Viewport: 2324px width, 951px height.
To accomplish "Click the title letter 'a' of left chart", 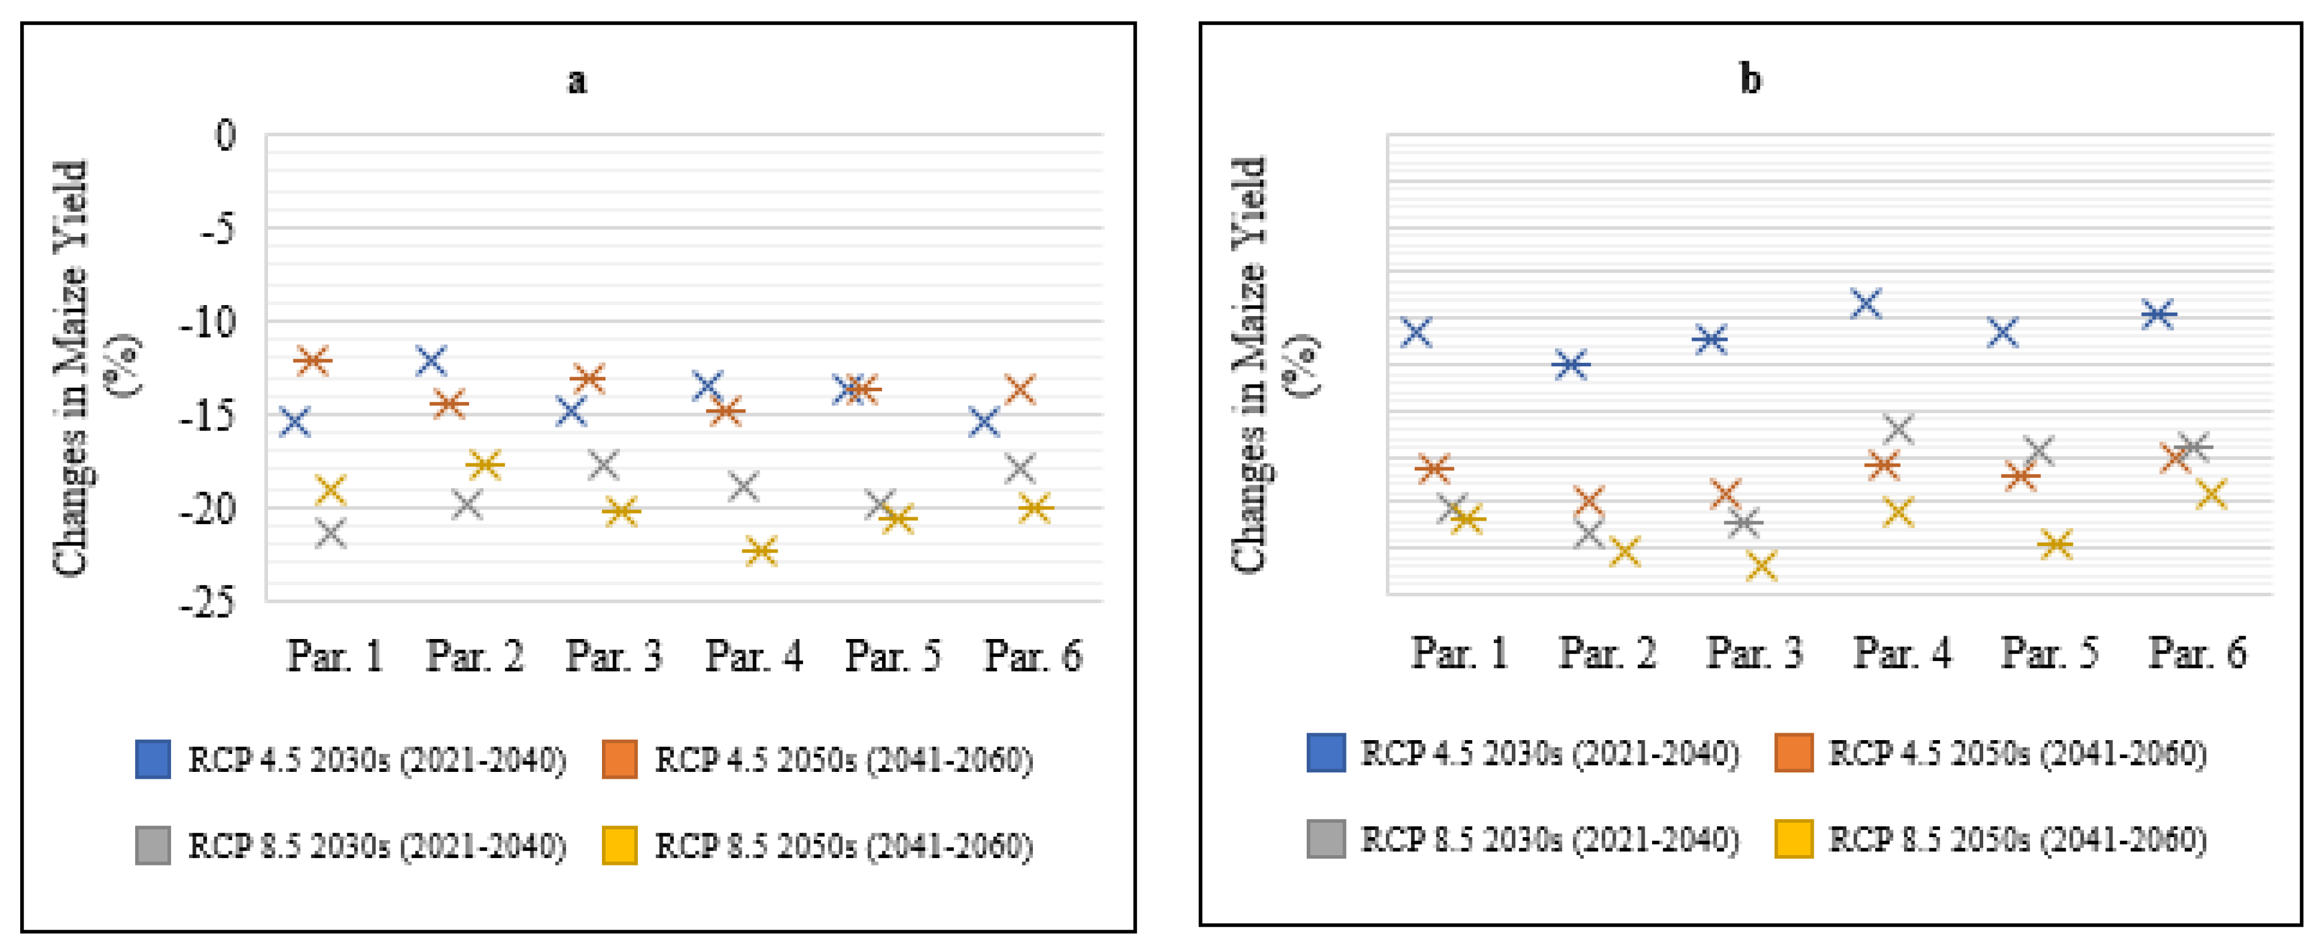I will click(577, 81).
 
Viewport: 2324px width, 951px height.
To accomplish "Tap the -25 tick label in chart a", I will click(207, 602).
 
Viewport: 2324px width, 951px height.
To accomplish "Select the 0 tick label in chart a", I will click(225, 135).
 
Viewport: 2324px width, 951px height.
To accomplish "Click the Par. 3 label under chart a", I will click(613, 656).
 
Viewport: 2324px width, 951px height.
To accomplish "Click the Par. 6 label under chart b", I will click(2197, 652).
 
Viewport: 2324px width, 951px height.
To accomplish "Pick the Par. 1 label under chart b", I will click(1459, 652).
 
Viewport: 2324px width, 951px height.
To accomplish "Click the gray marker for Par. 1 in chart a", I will click(331, 533).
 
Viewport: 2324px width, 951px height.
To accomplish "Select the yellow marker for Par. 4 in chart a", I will click(761, 551).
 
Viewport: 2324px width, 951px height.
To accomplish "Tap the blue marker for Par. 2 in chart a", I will click(432, 360).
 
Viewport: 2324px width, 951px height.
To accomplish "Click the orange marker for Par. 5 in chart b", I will click(2021, 474).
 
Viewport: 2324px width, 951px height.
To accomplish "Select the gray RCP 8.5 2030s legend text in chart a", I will click(376, 846).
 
